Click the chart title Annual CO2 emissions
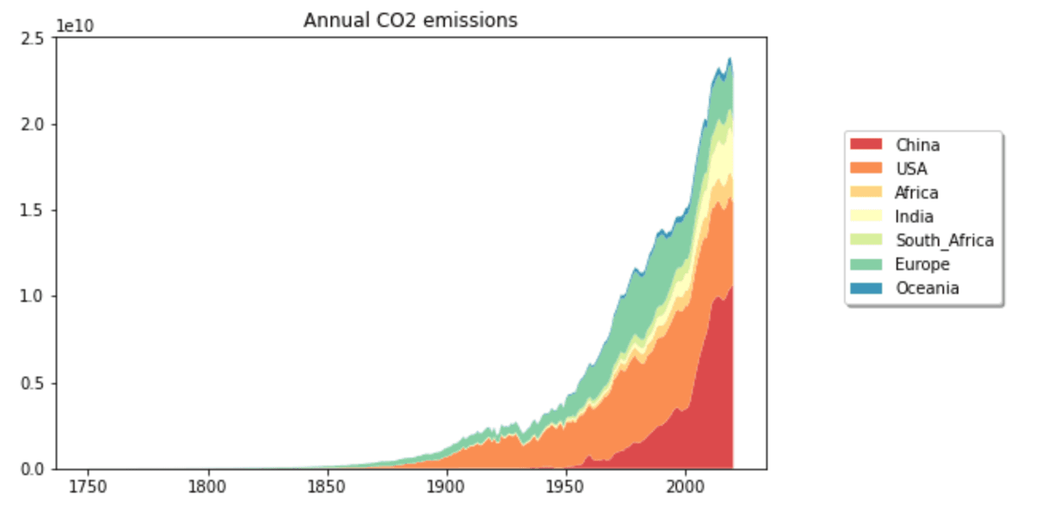click(x=410, y=21)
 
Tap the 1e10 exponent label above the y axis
click(x=75, y=26)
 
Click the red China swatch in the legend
click(x=865, y=145)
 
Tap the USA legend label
click(x=912, y=168)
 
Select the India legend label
click(x=914, y=216)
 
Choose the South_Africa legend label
click(x=944, y=240)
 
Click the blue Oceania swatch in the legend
click(x=865, y=288)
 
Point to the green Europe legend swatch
click(x=865, y=264)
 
